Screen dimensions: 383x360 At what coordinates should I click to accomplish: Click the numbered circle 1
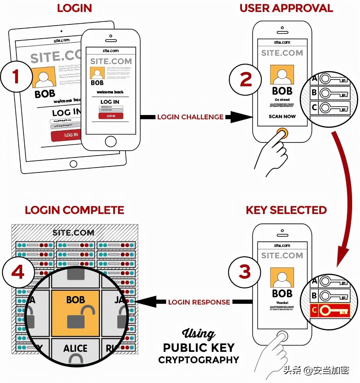click(x=16, y=76)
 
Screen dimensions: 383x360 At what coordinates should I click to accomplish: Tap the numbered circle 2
click(x=246, y=80)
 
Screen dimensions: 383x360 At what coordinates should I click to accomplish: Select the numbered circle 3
click(x=244, y=272)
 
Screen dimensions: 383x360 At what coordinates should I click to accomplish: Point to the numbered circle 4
click(x=18, y=272)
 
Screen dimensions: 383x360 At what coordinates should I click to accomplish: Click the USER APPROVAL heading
click(x=286, y=8)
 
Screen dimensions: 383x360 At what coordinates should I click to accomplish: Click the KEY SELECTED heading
click(x=286, y=210)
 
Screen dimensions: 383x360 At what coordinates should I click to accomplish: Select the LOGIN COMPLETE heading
click(x=74, y=210)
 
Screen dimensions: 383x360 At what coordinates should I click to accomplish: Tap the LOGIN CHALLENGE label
click(x=190, y=117)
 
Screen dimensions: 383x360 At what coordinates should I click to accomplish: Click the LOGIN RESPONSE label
click(x=199, y=302)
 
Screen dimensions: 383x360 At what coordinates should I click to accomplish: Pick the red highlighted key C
click(x=330, y=310)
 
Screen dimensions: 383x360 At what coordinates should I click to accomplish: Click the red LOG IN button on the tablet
click(x=68, y=135)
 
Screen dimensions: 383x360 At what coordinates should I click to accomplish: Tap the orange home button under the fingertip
click(x=282, y=132)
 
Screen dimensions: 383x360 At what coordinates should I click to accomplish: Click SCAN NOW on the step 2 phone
click(x=282, y=116)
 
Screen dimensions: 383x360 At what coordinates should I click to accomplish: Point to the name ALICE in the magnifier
click(x=75, y=348)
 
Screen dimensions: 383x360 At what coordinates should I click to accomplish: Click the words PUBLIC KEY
click(x=199, y=348)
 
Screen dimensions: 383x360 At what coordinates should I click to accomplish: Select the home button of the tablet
click(x=73, y=164)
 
